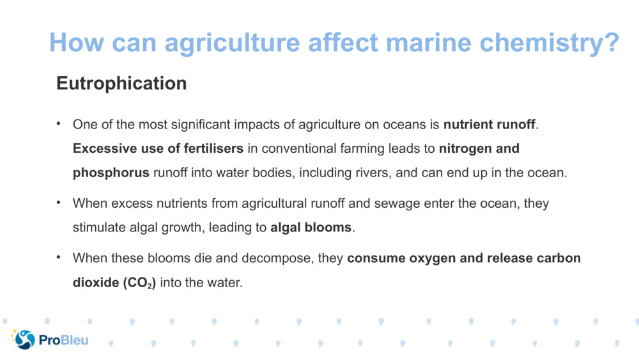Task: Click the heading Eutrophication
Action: click(121, 83)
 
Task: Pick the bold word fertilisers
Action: click(213, 148)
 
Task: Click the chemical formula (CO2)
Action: click(139, 283)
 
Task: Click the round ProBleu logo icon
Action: click(24, 340)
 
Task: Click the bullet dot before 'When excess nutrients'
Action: click(58, 203)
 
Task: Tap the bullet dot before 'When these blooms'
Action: click(58, 258)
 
